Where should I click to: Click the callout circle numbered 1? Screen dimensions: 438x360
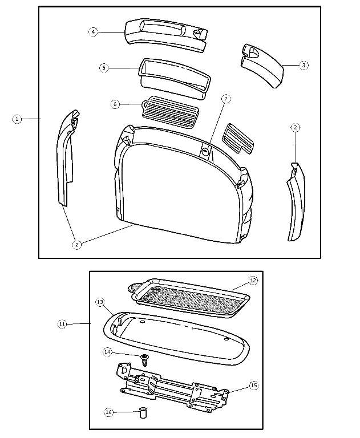[17, 119]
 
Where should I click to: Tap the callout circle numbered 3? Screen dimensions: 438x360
[304, 66]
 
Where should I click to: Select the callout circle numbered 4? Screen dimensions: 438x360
[93, 32]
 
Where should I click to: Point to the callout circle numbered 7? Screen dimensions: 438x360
[226, 99]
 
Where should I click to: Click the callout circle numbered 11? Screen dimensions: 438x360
[62, 324]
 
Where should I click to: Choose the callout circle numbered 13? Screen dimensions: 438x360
[99, 301]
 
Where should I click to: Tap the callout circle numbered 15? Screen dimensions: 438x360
[254, 386]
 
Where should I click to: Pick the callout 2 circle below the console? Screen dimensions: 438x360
[77, 245]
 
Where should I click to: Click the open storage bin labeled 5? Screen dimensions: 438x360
[171, 77]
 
